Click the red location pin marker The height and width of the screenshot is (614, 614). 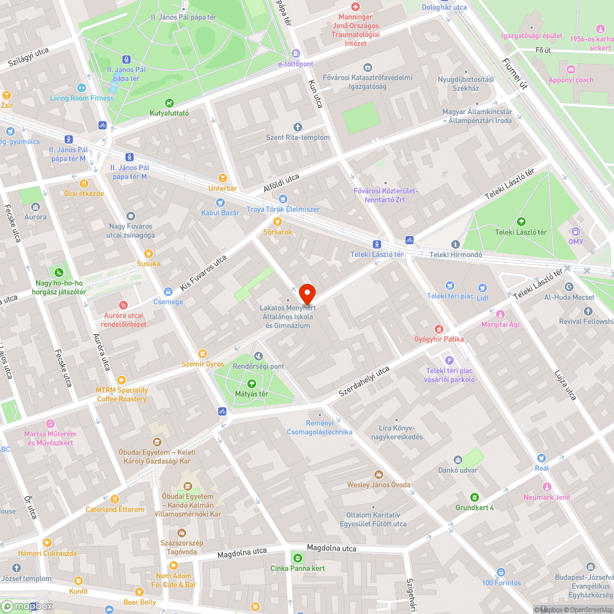[x=306, y=293]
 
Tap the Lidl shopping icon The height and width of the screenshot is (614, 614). [x=482, y=286]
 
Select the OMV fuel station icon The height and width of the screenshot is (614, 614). [x=575, y=231]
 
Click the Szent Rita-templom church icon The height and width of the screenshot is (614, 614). [x=298, y=126]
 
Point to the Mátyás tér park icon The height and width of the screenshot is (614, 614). [x=251, y=383]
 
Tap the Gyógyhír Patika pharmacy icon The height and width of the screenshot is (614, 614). [x=438, y=328]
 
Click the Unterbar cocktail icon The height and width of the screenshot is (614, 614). [x=222, y=177]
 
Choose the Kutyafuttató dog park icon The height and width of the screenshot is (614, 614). [x=169, y=103]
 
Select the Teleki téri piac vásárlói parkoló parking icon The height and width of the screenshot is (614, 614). [x=449, y=360]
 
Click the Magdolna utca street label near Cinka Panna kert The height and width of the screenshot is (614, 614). [x=331, y=548]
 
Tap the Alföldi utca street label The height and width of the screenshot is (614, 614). [x=281, y=183]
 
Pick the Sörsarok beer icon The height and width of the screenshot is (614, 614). [x=277, y=222]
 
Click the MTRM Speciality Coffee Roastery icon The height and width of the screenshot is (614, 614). [x=121, y=380]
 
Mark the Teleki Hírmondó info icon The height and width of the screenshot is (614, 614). [x=455, y=244]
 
